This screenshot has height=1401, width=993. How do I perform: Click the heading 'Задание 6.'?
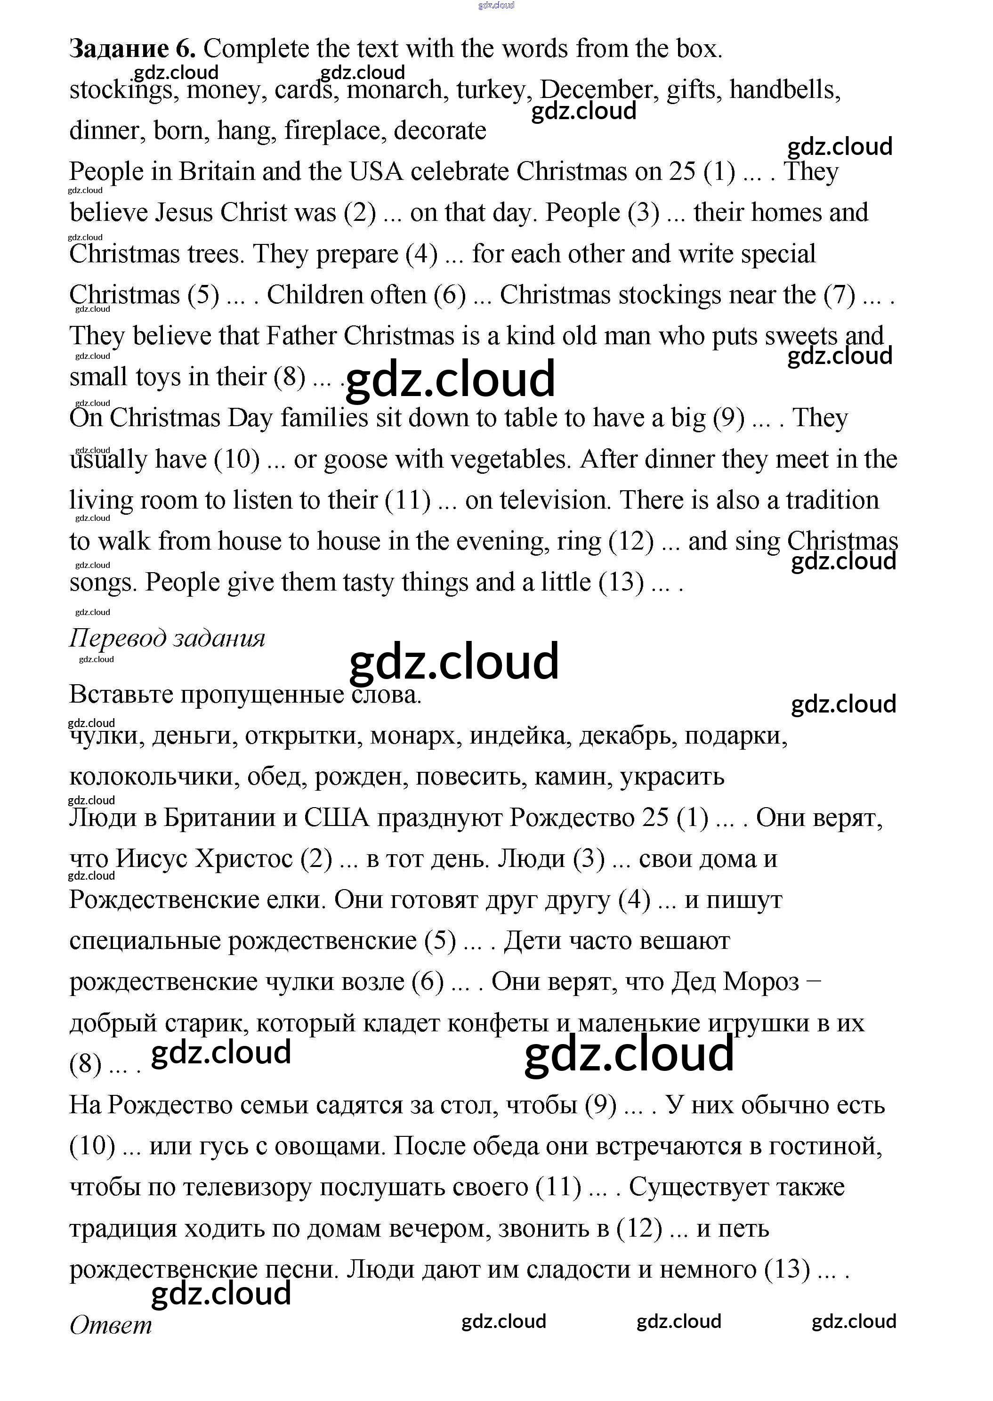pyautogui.click(x=132, y=49)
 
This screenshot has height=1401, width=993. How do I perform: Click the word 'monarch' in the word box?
pyautogui.click(x=395, y=90)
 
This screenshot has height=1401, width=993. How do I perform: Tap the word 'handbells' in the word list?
pyautogui.click(x=784, y=90)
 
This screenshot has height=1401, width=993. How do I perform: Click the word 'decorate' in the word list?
pyautogui.click(x=440, y=131)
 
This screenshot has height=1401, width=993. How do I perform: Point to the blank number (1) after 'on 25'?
pyautogui.click(x=720, y=172)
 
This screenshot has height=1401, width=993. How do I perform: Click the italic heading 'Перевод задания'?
pyautogui.click(x=167, y=639)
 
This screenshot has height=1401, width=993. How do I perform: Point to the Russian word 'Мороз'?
pyautogui.click(x=761, y=982)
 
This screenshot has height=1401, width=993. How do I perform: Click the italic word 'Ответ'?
pyautogui.click(x=111, y=1326)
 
